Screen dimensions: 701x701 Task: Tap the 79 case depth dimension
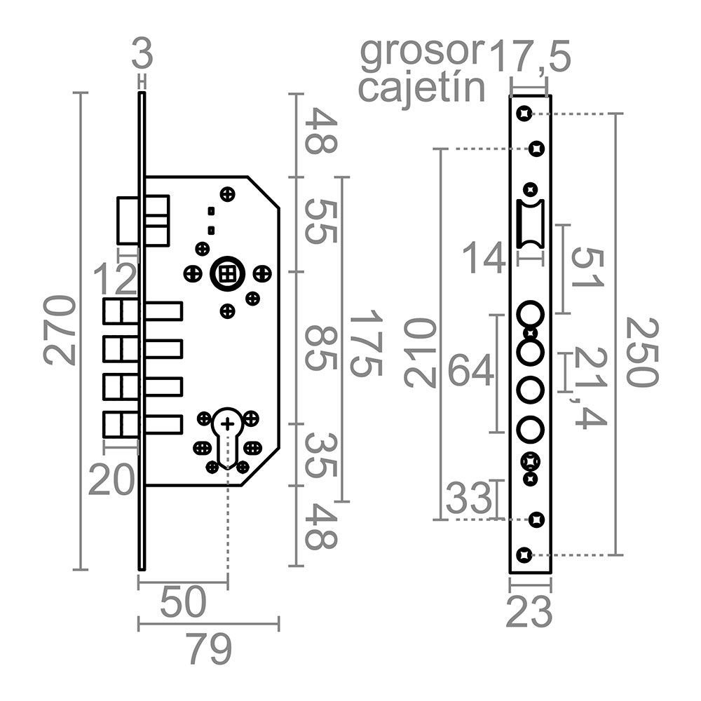point(209,650)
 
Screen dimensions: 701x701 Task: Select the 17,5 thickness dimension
point(530,56)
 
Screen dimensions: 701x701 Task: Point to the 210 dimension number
point(421,353)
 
